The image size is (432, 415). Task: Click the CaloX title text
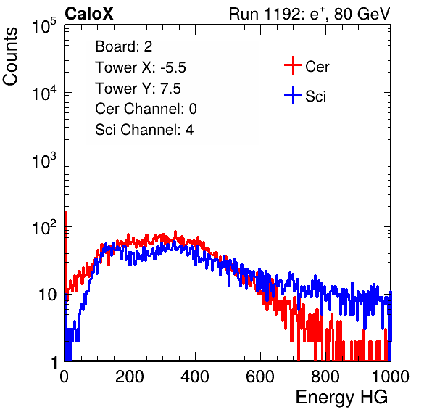coord(88,14)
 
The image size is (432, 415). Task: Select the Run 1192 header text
coord(310,14)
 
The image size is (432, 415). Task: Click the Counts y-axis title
coord(10,57)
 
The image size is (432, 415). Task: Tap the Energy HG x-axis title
coord(341,398)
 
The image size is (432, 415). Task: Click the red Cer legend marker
coord(293,65)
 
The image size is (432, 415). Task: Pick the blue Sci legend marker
coord(293,95)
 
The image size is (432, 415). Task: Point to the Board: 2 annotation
coord(123,46)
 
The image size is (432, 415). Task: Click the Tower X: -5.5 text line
coord(141,67)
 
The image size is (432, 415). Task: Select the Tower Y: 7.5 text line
coord(138,89)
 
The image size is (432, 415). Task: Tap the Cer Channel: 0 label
coord(146,109)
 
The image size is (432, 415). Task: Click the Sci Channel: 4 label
coord(144,130)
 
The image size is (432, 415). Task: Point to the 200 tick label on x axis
coord(130,377)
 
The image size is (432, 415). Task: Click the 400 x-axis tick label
coord(195,377)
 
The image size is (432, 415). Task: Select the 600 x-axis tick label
coord(260,377)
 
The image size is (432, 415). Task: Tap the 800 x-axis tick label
coord(325,377)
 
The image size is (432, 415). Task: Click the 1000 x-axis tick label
coord(391,377)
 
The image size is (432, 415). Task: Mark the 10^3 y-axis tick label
coord(44,160)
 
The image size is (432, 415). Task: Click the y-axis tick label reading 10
coord(47,295)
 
